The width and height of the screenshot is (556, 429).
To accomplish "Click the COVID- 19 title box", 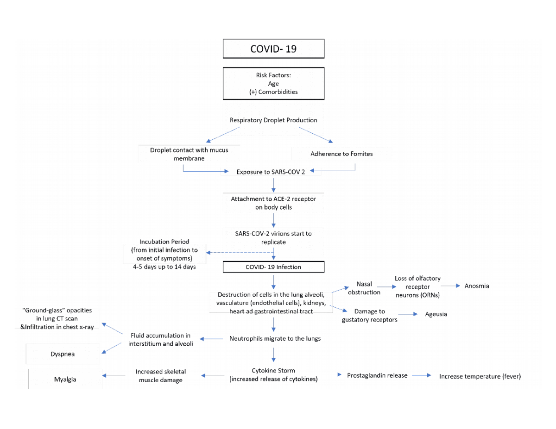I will pyautogui.click(x=273, y=49).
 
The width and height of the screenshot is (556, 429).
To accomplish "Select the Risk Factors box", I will pyautogui.click(x=273, y=83).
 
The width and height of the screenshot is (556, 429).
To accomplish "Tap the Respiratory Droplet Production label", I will pyautogui.click(x=273, y=120).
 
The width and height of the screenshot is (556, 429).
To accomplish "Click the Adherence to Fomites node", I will pyautogui.click(x=341, y=154).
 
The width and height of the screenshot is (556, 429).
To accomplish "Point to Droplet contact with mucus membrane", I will pyautogui.click(x=189, y=154).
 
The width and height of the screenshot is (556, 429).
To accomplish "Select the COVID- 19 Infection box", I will pyautogui.click(x=273, y=267).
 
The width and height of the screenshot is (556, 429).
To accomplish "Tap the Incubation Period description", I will pyautogui.click(x=164, y=254).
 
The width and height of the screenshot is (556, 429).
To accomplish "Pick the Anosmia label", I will pyautogui.click(x=476, y=286).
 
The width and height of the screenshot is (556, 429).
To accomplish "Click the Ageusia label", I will pyautogui.click(x=436, y=315).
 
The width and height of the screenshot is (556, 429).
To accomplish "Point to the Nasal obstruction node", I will pyautogui.click(x=364, y=288).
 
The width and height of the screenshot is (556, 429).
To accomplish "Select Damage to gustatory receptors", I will pyautogui.click(x=369, y=316).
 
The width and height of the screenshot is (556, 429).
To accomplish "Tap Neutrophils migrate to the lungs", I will pyautogui.click(x=275, y=339).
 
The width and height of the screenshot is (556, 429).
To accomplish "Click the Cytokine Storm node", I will pyautogui.click(x=273, y=375).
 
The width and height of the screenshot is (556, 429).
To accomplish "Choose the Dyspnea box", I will pyautogui.click(x=63, y=354).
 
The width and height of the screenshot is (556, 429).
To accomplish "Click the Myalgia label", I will pyautogui.click(x=65, y=380).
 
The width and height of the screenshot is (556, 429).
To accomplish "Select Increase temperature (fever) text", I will pyautogui.click(x=480, y=377).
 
